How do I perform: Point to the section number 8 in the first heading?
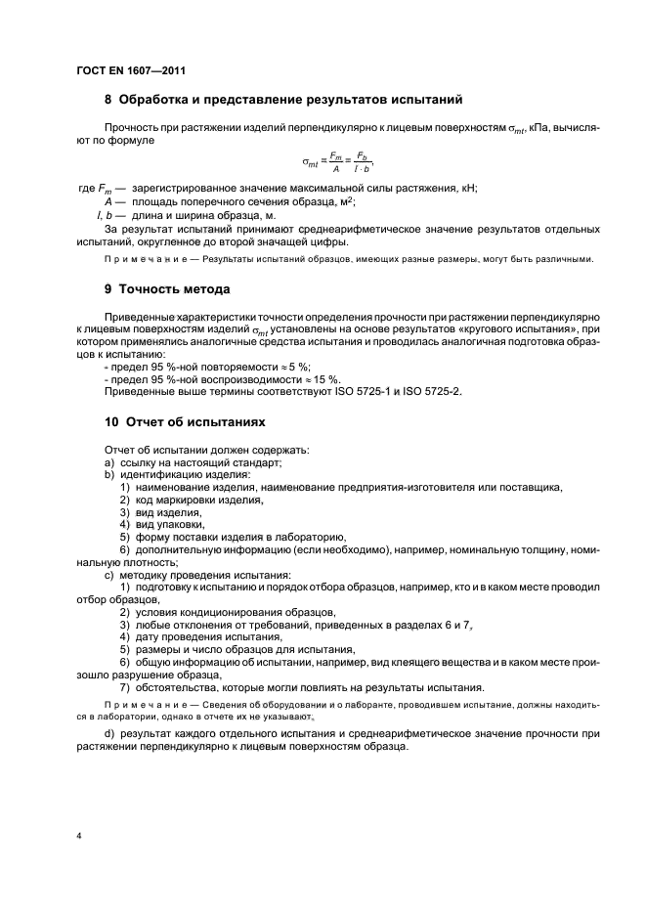pos(108,100)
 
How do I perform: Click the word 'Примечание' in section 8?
pos(137,259)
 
